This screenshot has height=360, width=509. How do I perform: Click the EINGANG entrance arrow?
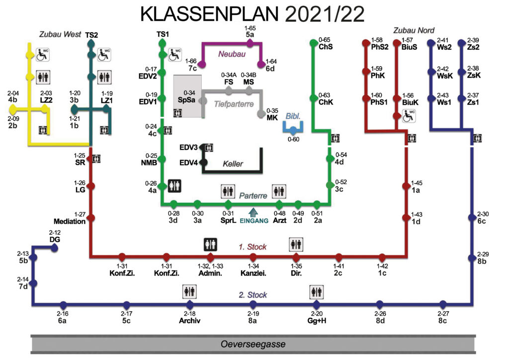pos(253,213)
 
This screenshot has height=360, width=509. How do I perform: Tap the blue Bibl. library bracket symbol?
pos(293,128)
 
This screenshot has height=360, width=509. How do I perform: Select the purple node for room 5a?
pos(250,43)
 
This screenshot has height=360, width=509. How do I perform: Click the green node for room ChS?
pos(313,43)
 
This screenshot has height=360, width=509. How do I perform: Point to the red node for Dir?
pos(296,258)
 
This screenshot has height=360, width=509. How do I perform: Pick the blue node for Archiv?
pos(190,304)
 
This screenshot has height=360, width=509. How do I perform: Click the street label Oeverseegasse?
pos(253,344)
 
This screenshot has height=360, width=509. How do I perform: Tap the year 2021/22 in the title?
pos(325,14)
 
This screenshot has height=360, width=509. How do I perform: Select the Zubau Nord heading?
pos(414,30)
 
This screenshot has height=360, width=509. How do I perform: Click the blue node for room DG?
pos(55,248)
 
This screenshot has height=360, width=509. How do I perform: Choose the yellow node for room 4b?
pos(13,108)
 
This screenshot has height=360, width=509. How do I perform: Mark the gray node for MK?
pos(261,114)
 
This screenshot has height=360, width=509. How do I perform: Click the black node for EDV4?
pos(203,162)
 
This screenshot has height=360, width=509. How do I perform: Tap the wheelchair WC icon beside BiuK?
pos(409,116)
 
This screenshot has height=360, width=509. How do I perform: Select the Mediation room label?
pos(70,221)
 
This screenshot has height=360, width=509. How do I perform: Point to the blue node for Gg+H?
pos(317,304)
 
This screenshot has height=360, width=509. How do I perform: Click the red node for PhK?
pos(366,71)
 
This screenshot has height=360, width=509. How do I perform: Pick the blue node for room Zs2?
pos(462,43)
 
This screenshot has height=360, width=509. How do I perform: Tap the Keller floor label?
pos(233,164)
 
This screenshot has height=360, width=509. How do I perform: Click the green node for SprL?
pos(228,204)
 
